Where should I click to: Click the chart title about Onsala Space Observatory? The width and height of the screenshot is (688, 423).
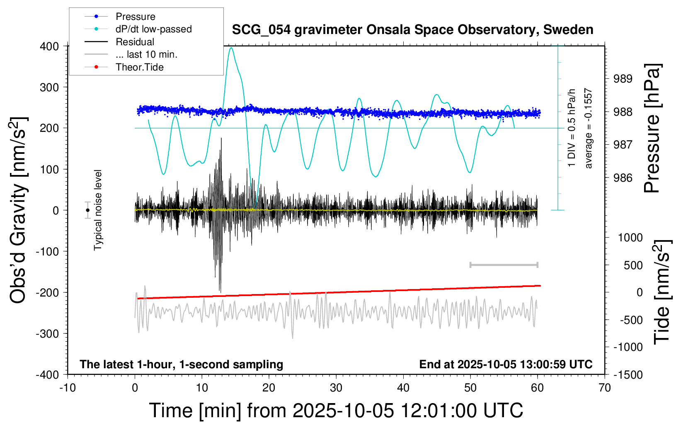412,30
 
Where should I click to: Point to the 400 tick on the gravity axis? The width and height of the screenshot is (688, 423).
49,46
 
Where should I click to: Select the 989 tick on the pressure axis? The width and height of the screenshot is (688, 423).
623,79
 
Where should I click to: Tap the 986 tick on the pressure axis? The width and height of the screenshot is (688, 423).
623,178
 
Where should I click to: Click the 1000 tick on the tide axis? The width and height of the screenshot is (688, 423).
630,238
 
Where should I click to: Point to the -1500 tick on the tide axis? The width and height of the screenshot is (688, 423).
628,375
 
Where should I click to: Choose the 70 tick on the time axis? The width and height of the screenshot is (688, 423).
605,388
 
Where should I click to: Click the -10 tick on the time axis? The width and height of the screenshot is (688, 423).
68,388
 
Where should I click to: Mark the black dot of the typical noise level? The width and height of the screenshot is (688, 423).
88,210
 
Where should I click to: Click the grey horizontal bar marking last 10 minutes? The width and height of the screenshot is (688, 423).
504,265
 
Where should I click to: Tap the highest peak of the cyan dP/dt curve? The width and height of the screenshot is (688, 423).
231,48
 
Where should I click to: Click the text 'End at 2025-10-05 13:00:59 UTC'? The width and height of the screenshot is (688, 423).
506,365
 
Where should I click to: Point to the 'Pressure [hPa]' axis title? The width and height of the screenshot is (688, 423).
652,129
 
